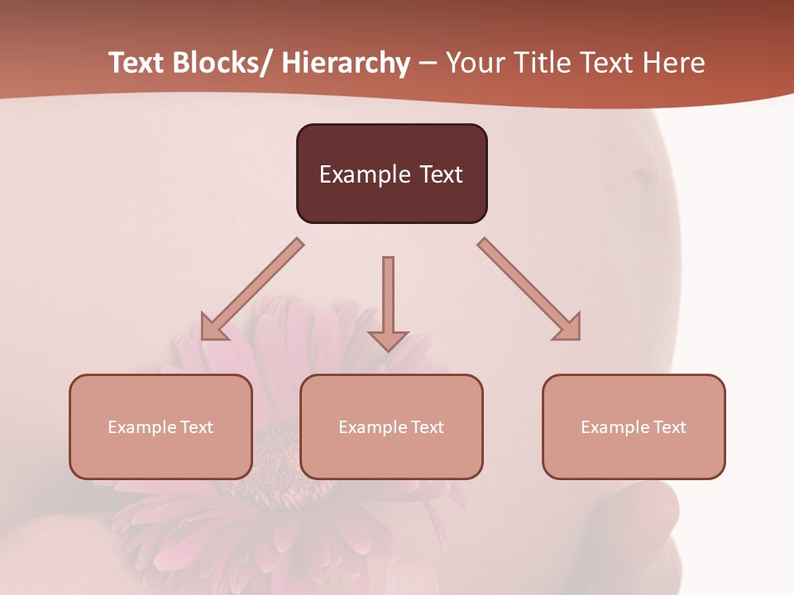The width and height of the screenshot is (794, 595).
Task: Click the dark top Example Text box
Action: point(391,174)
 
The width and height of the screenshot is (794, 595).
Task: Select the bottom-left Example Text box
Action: point(160,426)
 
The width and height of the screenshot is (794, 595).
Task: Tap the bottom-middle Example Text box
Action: point(391,426)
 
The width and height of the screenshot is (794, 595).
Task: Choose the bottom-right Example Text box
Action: point(634,426)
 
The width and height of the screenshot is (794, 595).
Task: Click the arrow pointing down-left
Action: point(252,289)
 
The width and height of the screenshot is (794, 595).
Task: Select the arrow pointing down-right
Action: point(529,289)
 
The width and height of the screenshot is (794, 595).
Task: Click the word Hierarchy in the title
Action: point(346,64)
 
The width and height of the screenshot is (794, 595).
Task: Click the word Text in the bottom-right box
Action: point(668,427)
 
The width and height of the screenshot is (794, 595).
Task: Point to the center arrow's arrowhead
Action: point(388,340)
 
